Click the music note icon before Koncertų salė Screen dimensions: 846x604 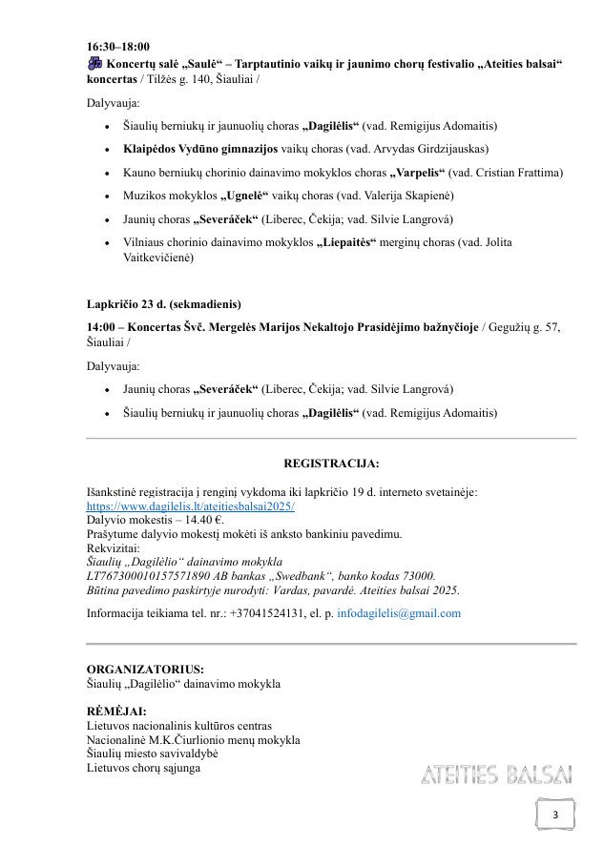click(94, 63)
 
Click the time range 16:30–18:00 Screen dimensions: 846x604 click(118, 46)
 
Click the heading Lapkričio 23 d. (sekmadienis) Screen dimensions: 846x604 click(164, 304)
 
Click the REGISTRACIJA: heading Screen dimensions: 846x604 click(331, 464)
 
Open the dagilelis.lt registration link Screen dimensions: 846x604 click(191, 506)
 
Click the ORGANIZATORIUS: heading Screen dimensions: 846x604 click(144, 670)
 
